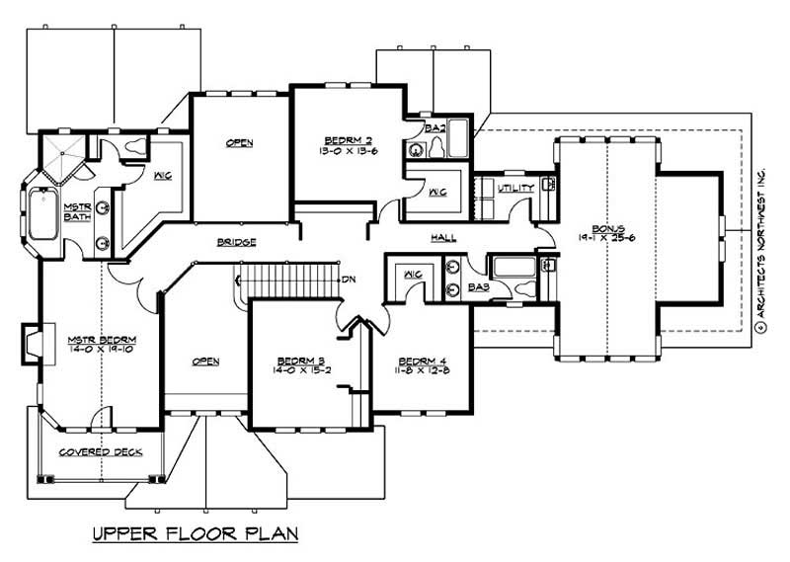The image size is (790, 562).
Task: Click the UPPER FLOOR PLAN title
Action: point(195,534)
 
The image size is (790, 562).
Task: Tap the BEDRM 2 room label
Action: point(339,139)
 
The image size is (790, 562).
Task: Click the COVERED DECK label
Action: point(100,452)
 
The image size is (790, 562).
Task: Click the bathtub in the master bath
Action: point(43,213)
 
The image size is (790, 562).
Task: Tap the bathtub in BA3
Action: point(513,267)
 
